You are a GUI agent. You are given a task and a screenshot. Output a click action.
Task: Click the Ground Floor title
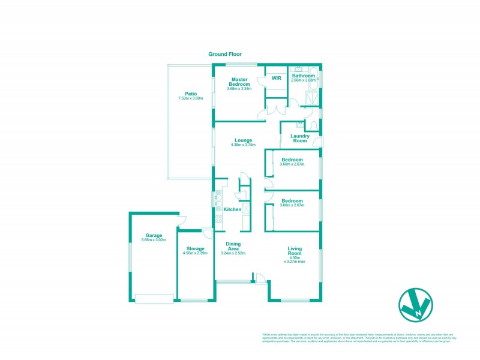[x=225, y=54]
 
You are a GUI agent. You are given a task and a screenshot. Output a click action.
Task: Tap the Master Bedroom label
[x=240, y=82]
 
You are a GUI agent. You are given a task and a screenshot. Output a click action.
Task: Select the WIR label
[x=277, y=78]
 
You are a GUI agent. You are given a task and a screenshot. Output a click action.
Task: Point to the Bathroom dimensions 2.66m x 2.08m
[x=303, y=80]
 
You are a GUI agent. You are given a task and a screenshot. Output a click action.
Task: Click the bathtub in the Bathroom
[x=319, y=78]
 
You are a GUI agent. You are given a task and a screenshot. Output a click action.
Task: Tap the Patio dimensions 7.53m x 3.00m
[x=191, y=98]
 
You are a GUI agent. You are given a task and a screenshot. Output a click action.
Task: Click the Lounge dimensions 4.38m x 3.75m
[x=244, y=145]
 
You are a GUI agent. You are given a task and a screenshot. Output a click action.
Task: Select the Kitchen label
[x=232, y=209]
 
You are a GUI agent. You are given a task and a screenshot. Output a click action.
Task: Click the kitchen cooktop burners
[x=245, y=208]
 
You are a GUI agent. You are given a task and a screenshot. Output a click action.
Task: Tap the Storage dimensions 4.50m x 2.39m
[x=195, y=253]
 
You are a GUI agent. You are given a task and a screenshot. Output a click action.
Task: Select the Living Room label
[x=294, y=251]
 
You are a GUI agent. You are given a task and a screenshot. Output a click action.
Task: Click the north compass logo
[x=415, y=306]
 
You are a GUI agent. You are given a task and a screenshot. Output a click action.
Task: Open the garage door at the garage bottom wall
[x=154, y=298]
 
